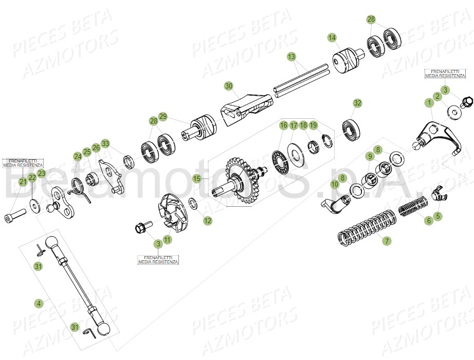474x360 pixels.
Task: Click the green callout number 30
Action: [229, 86]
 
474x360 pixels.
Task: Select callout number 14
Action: [332, 38]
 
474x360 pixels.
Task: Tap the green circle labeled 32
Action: [357, 103]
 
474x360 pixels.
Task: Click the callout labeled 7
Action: [385, 240]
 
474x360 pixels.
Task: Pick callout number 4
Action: [39, 303]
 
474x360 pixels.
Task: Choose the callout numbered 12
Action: [207, 221]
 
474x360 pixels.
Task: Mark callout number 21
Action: [23, 182]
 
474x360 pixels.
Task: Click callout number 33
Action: [105, 143]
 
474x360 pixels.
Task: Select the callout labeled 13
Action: [291, 56]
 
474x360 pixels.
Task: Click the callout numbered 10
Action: [335, 184]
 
